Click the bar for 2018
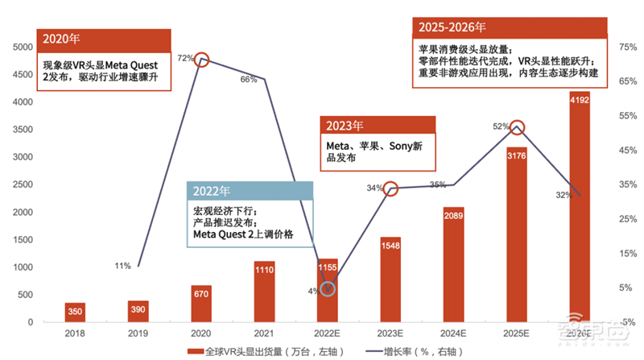pos(75,312)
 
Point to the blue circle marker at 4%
pos(327,288)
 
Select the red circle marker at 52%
pos(518,127)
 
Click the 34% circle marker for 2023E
pos(390,188)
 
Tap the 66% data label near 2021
pos(248,79)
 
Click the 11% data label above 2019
pos(122,265)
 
